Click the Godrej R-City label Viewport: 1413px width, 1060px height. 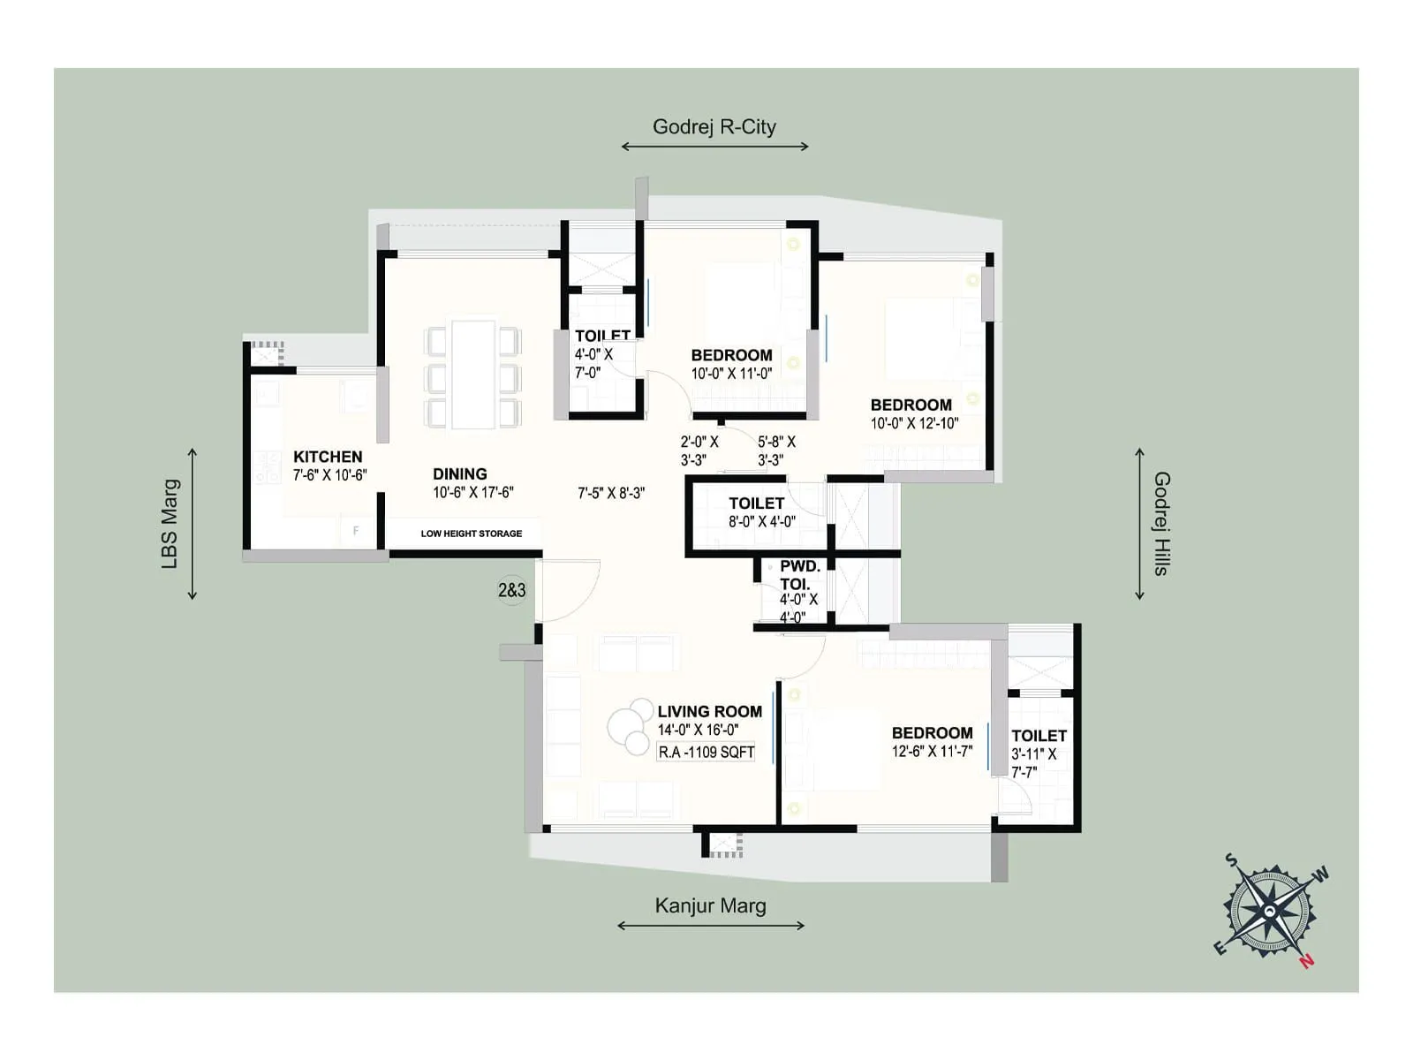tap(714, 127)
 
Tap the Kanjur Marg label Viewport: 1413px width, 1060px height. tap(710, 906)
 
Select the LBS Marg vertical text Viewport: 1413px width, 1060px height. tap(170, 524)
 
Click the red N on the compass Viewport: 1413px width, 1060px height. tap(1306, 960)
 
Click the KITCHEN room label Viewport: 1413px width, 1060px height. tap(328, 457)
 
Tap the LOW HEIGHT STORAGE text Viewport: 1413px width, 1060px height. tap(471, 534)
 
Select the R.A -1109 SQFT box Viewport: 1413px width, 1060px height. tap(706, 753)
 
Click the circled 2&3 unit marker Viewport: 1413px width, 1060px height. tap(511, 590)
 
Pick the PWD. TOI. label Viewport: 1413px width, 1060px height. tap(799, 575)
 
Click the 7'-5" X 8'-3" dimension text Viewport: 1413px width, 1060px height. tap(611, 493)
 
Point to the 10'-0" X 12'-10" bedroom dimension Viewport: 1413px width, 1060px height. tap(914, 423)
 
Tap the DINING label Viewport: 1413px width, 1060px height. tap(459, 474)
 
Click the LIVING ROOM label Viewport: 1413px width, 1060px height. tap(709, 712)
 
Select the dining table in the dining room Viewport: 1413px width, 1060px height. tap(472, 375)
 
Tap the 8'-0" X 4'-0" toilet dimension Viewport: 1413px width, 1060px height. tap(762, 522)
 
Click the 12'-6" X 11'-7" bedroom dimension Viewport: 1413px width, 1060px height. tap(932, 752)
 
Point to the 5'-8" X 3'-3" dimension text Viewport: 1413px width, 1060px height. tap(776, 450)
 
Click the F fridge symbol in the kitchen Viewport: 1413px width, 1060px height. tap(356, 531)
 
